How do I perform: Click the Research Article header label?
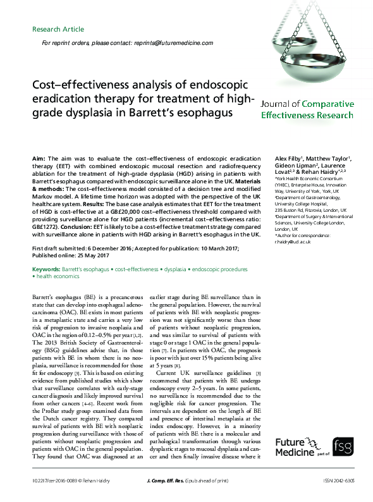click(58, 29)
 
